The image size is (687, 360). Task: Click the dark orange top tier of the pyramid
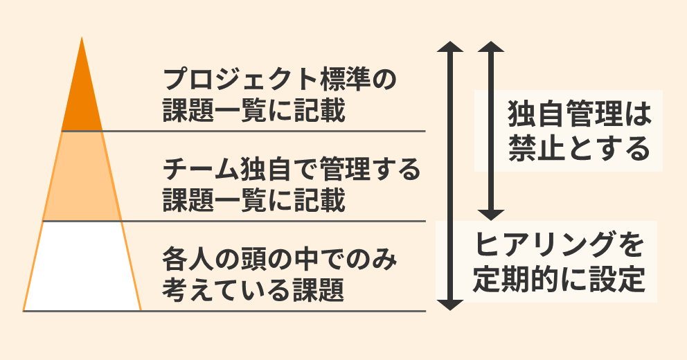click(x=82, y=100)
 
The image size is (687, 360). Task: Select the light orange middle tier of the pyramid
click(x=82, y=177)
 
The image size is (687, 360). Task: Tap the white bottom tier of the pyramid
click(x=82, y=267)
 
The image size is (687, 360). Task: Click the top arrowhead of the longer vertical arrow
click(x=451, y=48)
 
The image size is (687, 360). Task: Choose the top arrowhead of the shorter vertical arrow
click(x=490, y=48)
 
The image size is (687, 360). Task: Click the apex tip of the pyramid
click(x=82, y=39)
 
